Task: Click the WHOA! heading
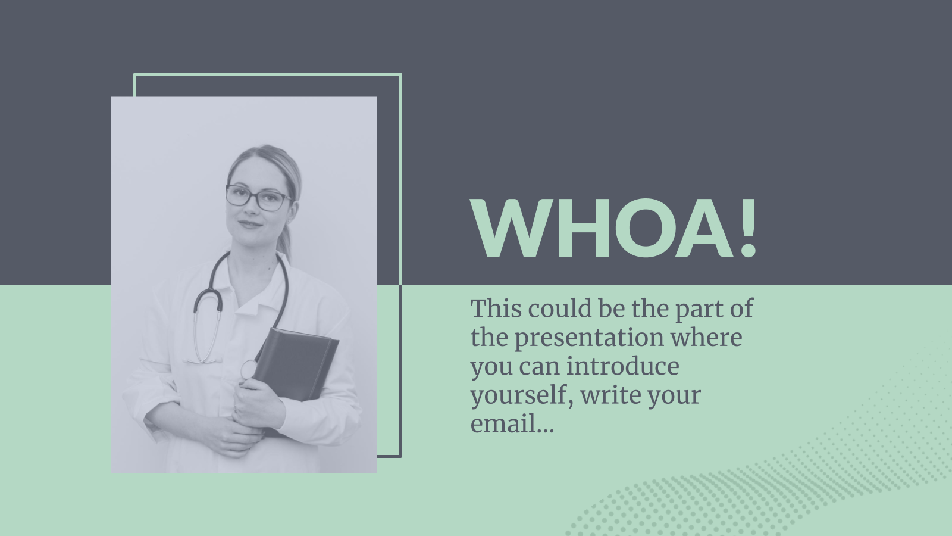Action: (x=613, y=229)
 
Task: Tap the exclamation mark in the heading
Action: (x=747, y=229)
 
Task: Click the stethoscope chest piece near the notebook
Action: (x=248, y=369)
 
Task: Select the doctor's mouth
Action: (x=250, y=224)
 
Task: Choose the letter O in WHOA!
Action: (x=646, y=229)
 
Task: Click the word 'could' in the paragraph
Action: (x=560, y=308)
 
